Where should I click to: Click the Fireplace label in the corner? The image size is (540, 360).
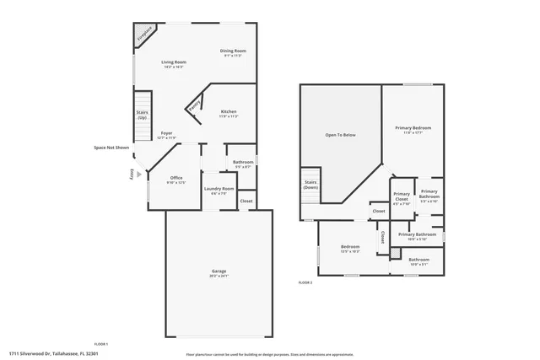coord(145,34)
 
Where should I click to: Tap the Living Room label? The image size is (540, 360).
coord(174,62)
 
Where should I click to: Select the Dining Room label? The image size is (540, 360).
coord(233,51)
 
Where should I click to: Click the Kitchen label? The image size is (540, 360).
coord(229,112)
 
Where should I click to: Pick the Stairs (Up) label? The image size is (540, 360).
coord(142,114)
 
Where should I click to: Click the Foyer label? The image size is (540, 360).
coord(167,133)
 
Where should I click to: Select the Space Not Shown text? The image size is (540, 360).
coord(111,148)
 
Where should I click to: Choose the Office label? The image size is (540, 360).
coord(176,177)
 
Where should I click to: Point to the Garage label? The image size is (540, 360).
coord(219,271)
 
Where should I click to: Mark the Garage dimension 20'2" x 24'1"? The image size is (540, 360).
coord(219,276)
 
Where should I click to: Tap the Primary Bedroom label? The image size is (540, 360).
coord(413,127)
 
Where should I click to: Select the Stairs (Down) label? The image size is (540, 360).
coord(310,184)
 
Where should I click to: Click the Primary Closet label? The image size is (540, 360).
coord(402,196)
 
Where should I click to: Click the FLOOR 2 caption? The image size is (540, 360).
coord(305,282)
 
